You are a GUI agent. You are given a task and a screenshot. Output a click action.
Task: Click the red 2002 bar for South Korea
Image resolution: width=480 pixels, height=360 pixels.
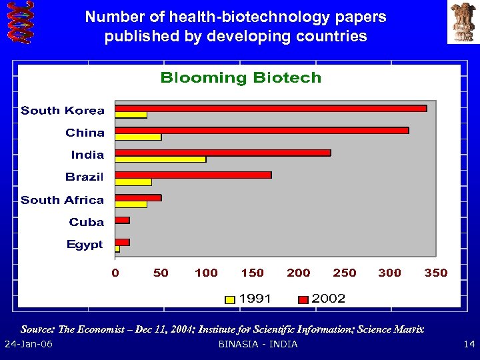(x=270, y=108)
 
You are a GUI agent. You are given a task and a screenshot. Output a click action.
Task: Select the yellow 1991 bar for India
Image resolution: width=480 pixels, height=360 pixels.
(x=160, y=159)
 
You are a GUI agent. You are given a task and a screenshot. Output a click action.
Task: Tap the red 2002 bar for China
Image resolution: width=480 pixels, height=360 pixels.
(x=261, y=130)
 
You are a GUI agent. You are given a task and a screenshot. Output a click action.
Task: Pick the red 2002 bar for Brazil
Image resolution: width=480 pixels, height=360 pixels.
(x=193, y=175)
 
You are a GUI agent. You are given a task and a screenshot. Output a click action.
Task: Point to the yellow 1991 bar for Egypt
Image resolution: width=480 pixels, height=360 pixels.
(x=117, y=249)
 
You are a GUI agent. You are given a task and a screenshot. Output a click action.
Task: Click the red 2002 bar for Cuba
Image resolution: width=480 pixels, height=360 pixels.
(x=122, y=220)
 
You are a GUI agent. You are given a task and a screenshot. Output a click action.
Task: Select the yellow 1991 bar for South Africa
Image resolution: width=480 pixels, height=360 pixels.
(x=131, y=204)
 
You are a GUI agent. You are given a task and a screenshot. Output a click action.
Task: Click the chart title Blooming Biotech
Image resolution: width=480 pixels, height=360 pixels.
(x=241, y=78)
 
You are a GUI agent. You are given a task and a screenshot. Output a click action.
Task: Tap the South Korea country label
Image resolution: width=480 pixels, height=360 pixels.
(x=63, y=111)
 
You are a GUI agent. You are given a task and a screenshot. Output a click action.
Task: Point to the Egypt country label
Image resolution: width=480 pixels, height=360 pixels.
(x=85, y=245)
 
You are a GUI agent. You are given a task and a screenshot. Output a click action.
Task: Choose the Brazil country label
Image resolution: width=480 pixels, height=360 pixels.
(x=84, y=177)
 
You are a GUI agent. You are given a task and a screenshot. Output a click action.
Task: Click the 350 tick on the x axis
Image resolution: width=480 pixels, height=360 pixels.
(x=436, y=273)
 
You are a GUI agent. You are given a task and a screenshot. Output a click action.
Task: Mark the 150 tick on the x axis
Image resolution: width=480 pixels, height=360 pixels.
(x=252, y=273)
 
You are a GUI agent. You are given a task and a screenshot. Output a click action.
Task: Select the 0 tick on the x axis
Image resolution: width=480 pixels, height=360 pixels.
(x=115, y=273)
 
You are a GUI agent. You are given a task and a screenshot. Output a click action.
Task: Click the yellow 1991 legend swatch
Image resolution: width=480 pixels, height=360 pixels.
(x=230, y=299)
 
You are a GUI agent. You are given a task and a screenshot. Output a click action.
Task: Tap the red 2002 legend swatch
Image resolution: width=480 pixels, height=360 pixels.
(x=303, y=299)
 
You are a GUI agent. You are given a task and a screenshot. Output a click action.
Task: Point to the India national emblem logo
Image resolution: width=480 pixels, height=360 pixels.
(x=463, y=21)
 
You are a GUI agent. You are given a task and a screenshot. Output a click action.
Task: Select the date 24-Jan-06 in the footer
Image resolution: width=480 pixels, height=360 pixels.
(x=29, y=344)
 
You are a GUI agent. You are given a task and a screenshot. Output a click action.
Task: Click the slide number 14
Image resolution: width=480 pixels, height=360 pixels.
(x=468, y=344)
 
